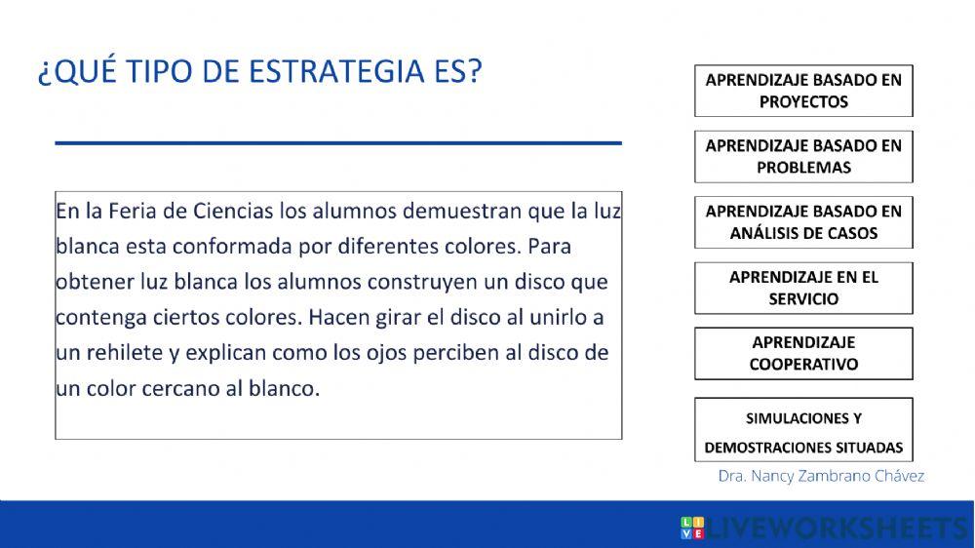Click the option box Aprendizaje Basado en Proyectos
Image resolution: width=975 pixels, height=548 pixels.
(x=803, y=90)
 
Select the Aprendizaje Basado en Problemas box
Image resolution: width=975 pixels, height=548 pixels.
(x=803, y=156)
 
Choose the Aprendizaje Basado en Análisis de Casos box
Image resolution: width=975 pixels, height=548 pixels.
(x=803, y=221)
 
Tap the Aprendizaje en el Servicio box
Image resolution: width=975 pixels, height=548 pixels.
(x=803, y=288)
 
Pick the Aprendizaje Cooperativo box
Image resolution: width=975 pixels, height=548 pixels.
(x=803, y=353)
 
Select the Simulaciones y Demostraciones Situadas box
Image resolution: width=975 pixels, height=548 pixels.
(x=803, y=431)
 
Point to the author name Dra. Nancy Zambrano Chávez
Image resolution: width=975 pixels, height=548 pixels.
(x=821, y=476)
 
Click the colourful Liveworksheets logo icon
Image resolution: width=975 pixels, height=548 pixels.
(x=692, y=528)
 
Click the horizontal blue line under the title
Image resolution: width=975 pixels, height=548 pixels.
(x=338, y=143)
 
